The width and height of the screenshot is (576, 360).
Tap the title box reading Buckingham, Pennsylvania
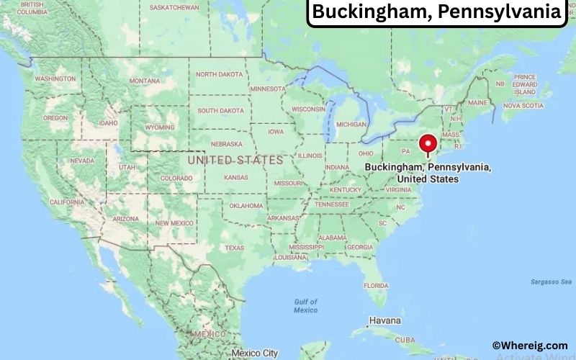437,12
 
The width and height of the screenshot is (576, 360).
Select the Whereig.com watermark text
530,346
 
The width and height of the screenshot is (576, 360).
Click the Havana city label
385,320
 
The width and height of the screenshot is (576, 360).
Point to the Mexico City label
254,353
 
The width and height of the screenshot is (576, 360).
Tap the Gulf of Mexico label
305,305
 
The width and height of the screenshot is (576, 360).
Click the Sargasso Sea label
551,282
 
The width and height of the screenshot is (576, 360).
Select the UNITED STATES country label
235,160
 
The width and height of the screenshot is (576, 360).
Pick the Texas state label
234,247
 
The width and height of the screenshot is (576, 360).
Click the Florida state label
376,285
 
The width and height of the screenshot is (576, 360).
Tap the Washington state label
55,78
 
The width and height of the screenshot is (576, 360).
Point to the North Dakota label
220,74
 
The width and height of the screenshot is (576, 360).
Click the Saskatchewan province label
174,7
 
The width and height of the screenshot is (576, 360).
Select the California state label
68,202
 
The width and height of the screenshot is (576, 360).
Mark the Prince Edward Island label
525,84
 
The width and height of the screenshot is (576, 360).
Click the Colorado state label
176,178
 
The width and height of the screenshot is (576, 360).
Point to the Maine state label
477,103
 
